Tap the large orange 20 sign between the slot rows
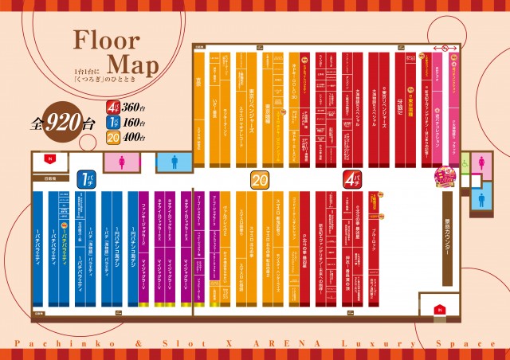pos(259,179)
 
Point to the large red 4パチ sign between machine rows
pos(351,179)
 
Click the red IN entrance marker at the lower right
pos(437,308)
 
